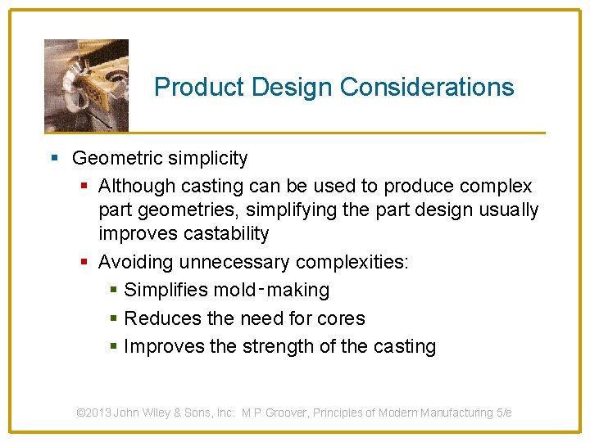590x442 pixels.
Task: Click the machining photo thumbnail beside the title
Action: pyautogui.click(x=86, y=85)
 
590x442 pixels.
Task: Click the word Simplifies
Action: pyautogui.click(x=165, y=291)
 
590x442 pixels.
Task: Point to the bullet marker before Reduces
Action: pyautogui.click(x=113, y=318)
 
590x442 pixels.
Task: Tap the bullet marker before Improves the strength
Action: pyautogui.click(x=113, y=347)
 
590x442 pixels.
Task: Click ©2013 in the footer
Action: pyautogui.click(x=93, y=413)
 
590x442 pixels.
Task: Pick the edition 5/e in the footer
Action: pyautogui.click(x=504, y=413)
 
